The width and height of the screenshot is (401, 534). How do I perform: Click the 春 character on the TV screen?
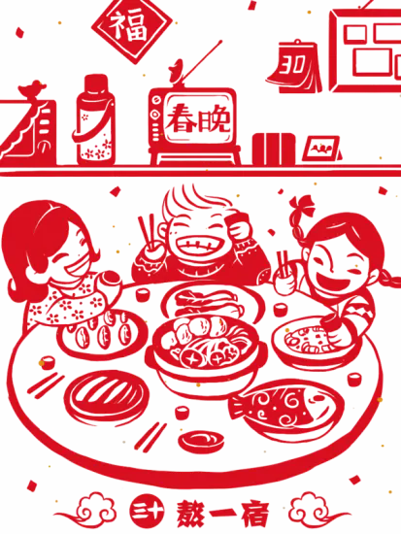(x=181, y=118)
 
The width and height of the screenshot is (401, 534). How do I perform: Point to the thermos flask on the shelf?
(x=95, y=120)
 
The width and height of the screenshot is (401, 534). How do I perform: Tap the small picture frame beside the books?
(x=322, y=149)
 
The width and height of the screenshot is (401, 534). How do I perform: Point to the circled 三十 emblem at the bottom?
(x=148, y=513)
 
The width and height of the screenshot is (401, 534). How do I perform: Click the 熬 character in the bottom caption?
(x=191, y=514)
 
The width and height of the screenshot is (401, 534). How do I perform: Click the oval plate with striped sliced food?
(x=106, y=395)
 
